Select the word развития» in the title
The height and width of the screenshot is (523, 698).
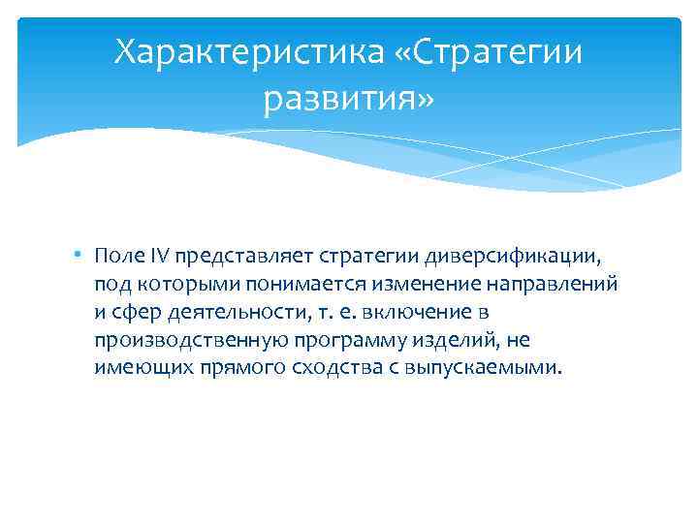[x=349, y=98]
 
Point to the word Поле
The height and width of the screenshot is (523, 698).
[x=118, y=257]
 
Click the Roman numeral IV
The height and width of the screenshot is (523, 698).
[x=158, y=257]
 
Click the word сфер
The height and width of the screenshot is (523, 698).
[x=136, y=313]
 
